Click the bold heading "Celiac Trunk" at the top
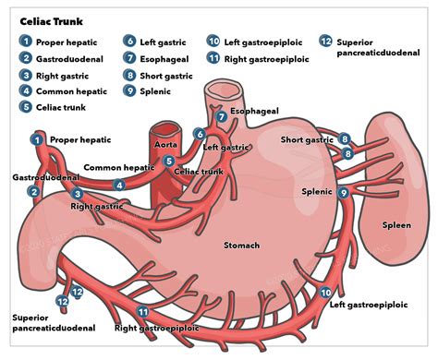coord(51,18)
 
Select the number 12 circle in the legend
coord(325,42)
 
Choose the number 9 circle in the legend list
coord(129,91)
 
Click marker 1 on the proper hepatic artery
coord(37,139)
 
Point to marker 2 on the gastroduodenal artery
coord(34,191)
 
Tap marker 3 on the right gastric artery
coord(78,194)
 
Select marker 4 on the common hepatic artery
coord(119,185)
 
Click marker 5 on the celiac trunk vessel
coord(167,162)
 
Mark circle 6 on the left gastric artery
coord(199,135)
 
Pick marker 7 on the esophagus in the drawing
coord(220,117)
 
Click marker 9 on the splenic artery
coord(343,193)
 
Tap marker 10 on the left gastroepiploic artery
coord(325,293)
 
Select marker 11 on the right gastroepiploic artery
coord(142,312)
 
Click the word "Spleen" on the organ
coord(397,225)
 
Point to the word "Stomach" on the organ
coord(241,246)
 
